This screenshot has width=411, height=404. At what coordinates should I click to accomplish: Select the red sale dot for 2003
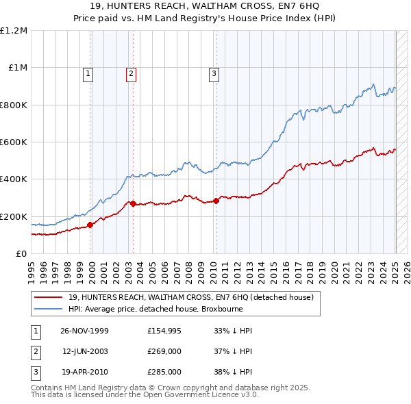pyautogui.click(x=133, y=203)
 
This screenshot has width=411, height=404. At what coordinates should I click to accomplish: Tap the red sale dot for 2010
pyautogui.click(x=216, y=201)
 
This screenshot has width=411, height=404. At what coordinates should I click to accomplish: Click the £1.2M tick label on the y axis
pyautogui.click(x=14, y=31)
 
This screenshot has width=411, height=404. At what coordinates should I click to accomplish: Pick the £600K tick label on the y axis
pyautogui.click(x=14, y=142)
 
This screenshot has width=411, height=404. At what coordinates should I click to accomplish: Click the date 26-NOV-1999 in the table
pyautogui.click(x=85, y=331)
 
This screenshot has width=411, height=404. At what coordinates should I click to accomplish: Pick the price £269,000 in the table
pyautogui.click(x=164, y=351)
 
